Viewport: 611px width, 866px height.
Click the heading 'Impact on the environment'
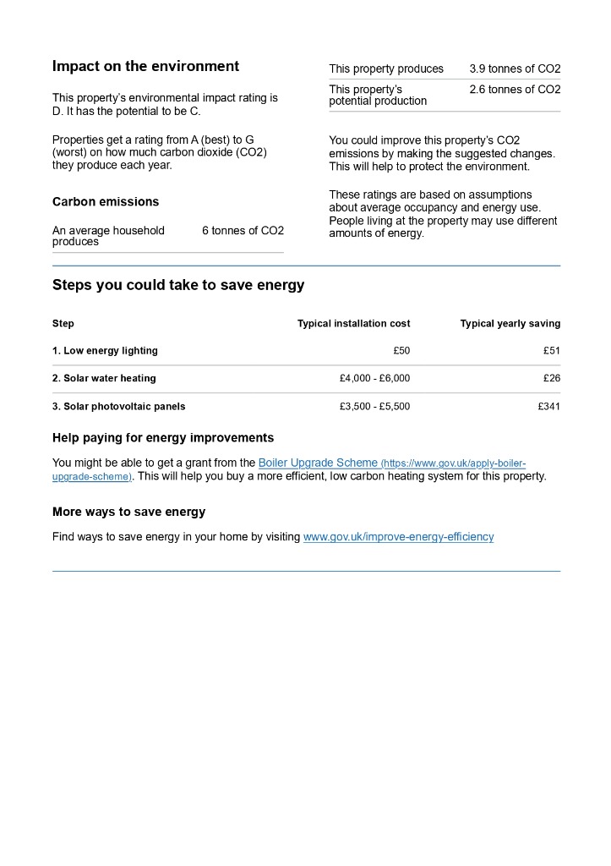(145, 67)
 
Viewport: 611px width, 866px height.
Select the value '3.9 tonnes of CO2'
(515, 69)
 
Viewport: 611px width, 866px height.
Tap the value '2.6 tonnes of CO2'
(515, 90)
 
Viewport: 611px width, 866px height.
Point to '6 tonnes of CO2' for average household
(243, 231)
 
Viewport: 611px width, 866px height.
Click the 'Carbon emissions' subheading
(106, 202)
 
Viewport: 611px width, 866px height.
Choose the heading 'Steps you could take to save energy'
(178, 285)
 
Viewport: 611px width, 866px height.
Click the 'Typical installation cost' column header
(353, 324)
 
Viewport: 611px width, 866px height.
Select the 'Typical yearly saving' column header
(510, 324)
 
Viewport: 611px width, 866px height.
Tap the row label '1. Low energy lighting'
(105, 351)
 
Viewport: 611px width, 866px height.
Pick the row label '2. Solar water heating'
(104, 379)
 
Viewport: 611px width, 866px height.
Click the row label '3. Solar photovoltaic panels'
(118, 407)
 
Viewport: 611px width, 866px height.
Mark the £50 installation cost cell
(401, 351)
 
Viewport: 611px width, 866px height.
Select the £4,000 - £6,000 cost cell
(374, 379)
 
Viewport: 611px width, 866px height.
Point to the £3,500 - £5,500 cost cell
(374, 407)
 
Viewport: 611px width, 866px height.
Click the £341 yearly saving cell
(548, 407)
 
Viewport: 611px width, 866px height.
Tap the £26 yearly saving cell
(551, 379)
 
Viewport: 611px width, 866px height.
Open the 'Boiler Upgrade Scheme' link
(318, 463)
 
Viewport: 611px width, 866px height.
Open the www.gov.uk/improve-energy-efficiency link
(398, 537)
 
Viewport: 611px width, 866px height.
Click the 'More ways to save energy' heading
(128, 512)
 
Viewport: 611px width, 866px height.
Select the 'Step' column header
(63, 324)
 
